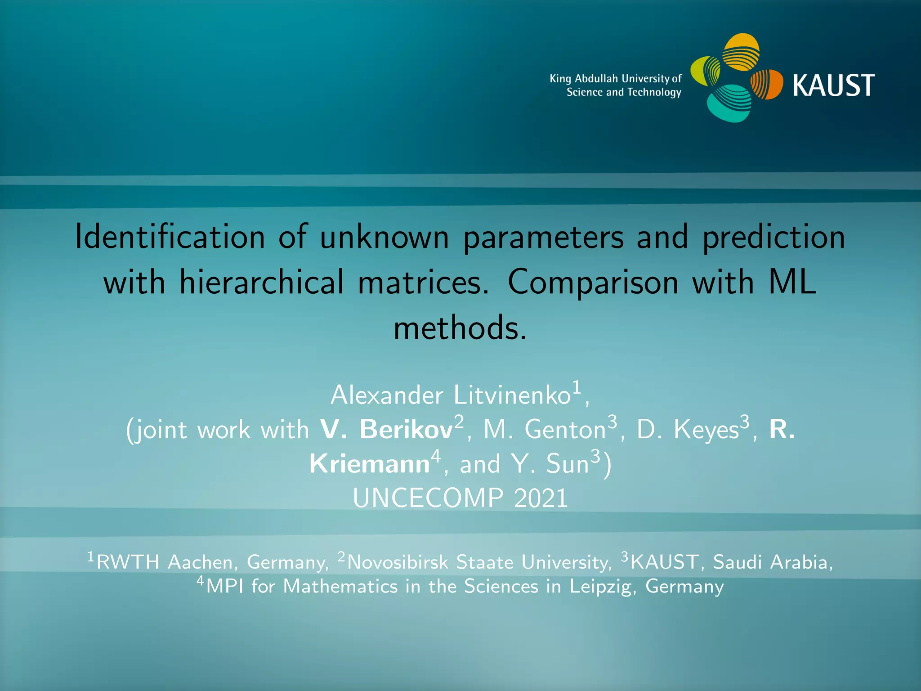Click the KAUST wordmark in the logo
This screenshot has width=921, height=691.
[833, 85]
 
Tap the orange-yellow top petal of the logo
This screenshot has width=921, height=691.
[741, 52]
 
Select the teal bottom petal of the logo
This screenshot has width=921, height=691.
[729, 103]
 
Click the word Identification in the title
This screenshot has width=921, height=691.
[170, 237]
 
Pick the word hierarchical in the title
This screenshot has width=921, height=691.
[261, 283]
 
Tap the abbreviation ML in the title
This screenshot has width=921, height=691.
[792, 283]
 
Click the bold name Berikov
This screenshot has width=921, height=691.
[406, 430]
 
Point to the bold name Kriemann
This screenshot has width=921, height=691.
[369, 464]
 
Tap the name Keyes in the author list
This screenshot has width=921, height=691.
[706, 430]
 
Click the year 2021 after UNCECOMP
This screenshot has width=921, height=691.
[541, 498]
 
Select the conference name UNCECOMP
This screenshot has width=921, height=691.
[428, 498]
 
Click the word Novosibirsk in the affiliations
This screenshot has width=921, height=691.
[398, 562]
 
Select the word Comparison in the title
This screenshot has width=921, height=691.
[593, 283]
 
